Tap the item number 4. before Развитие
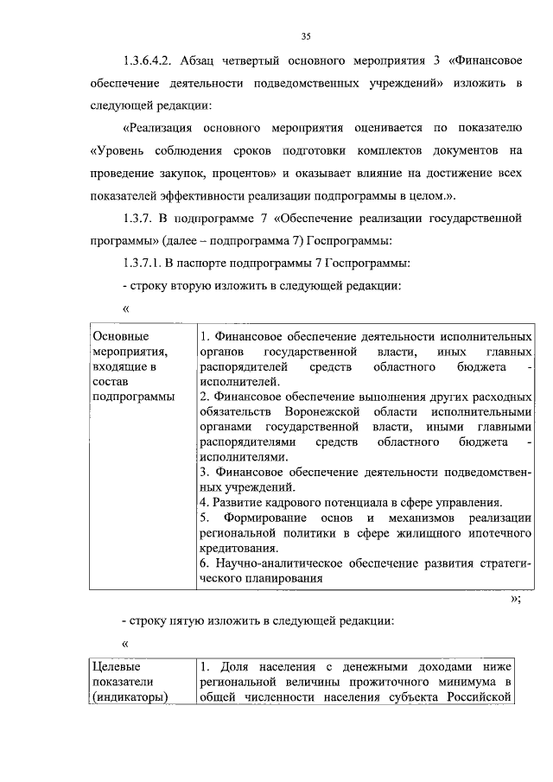point(204,502)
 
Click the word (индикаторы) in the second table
point(130,698)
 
